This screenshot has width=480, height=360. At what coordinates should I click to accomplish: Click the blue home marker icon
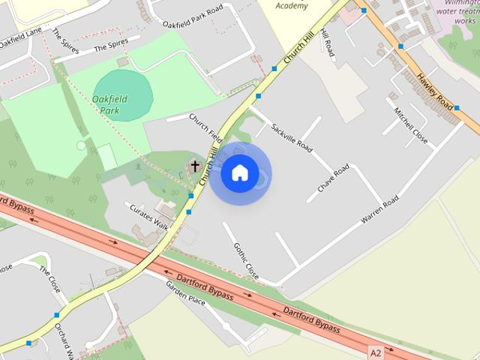click(240, 173)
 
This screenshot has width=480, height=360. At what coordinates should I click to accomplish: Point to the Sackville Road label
click(292, 135)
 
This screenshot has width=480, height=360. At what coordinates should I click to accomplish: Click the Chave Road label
click(333, 178)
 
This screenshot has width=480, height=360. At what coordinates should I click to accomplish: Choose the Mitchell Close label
click(412, 125)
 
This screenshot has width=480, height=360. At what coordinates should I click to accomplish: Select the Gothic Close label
click(246, 260)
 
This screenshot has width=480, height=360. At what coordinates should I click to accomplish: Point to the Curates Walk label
click(149, 215)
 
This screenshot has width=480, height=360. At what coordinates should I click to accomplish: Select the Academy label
click(292, 5)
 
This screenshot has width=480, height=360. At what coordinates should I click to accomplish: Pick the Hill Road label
click(326, 43)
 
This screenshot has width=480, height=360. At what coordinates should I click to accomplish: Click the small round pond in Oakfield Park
click(81, 145)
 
